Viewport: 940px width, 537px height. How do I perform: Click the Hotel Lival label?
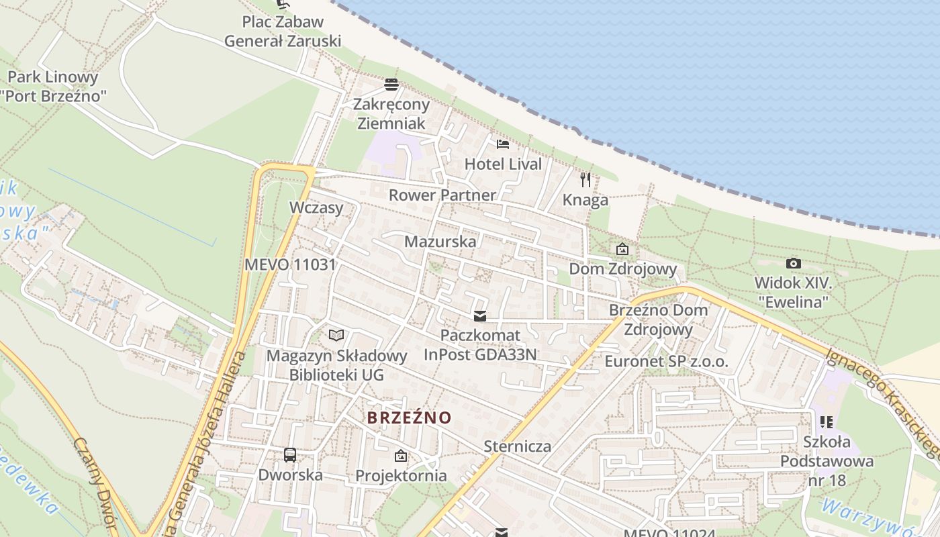tap(503, 164)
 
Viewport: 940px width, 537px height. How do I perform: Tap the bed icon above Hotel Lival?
tap(503, 144)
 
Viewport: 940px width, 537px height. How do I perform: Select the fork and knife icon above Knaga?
tap(585, 179)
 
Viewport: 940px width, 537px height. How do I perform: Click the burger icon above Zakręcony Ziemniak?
tap(391, 85)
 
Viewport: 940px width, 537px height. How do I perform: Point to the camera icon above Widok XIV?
tap(793, 263)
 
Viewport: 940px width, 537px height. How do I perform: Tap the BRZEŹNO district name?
tap(410, 418)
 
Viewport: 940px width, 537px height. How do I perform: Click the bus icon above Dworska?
tap(290, 454)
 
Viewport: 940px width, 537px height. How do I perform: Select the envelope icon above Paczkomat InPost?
tap(480, 315)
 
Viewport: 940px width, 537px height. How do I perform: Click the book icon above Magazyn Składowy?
tap(336, 335)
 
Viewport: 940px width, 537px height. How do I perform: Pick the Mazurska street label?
tap(440, 242)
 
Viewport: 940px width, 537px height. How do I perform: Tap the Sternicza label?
tap(518, 446)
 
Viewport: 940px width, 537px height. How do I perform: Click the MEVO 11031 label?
tap(290, 264)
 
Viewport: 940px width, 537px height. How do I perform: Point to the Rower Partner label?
tap(442, 195)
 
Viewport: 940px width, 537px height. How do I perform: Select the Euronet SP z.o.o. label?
tap(666, 361)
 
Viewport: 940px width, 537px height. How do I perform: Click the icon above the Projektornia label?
tap(401, 456)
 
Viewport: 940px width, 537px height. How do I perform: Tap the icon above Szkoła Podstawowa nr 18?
tap(827, 422)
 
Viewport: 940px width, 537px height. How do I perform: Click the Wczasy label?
tap(316, 207)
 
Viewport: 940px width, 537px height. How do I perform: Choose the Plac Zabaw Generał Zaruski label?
tap(283, 31)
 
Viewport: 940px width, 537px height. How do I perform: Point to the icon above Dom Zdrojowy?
tap(622, 249)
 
